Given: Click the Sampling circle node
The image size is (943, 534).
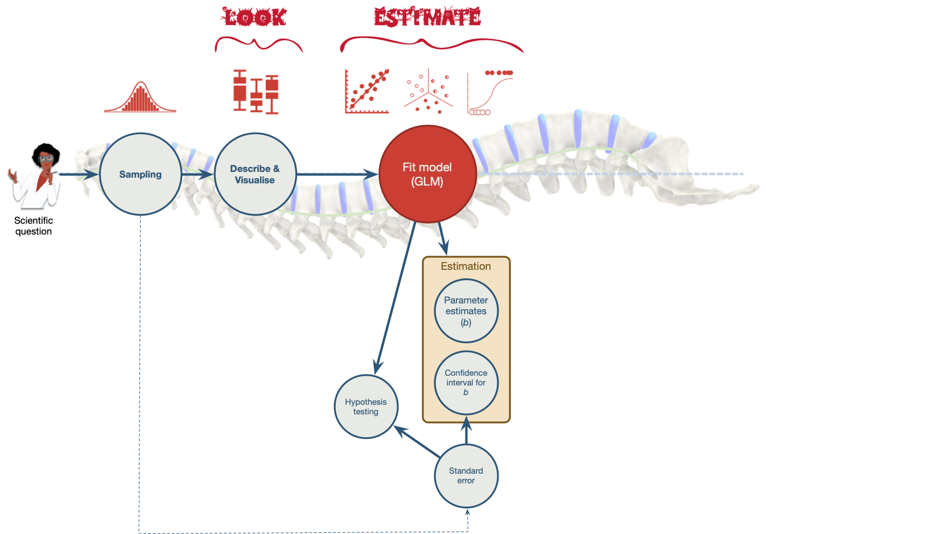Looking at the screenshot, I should tap(140, 174).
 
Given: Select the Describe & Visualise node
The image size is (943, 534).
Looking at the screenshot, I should tap(255, 174).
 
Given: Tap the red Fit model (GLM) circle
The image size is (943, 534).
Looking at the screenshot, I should tap(427, 174).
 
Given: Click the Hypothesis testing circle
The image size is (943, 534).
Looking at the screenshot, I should tap(365, 406).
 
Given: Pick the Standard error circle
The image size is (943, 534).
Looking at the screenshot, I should tap(466, 475).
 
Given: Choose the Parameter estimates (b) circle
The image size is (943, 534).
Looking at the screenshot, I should tap(466, 311).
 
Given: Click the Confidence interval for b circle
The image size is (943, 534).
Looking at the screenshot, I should tap(466, 383).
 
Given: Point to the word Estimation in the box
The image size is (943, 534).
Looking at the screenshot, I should tap(466, 266).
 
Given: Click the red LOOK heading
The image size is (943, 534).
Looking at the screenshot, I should tap(254, 17).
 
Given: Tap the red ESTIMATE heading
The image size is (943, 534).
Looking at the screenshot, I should tap(427, 17).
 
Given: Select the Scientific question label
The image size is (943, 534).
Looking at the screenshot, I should tap(34, 225).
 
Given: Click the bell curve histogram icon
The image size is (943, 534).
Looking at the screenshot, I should tap(140, 98).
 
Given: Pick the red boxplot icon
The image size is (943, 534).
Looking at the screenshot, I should tap(256, 92).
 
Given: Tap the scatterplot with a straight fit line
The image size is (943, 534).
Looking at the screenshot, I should tap(367, 92).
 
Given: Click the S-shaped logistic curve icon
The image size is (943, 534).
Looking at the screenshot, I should tap(489, 92).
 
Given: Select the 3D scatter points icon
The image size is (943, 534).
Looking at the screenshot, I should tap(428, 91).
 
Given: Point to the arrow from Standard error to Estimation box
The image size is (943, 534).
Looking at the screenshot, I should tap(466, 432).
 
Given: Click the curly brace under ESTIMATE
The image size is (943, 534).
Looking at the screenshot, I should tap(431, 44).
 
